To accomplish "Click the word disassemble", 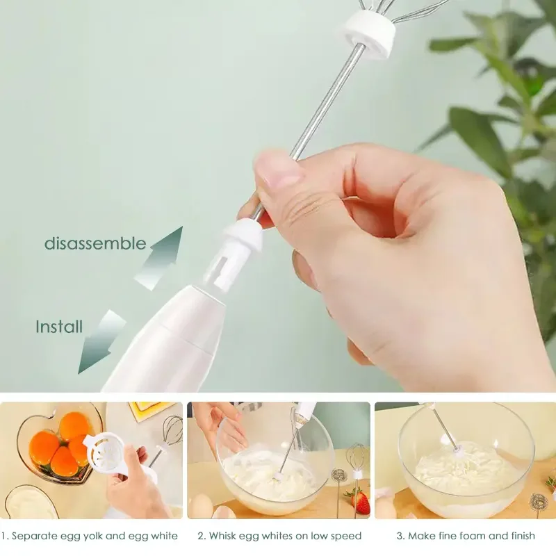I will point(95,243).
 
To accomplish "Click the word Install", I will point(59,326).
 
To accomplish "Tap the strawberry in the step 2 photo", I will point(359,502).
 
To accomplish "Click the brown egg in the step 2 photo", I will point(202,507).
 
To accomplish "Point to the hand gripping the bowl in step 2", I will point(221,425).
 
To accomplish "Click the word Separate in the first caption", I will point(35,536).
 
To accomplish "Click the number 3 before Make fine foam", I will point(400,536).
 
